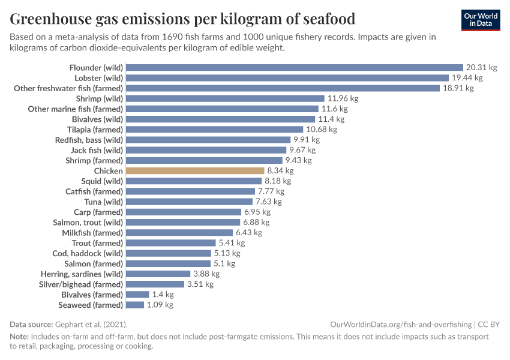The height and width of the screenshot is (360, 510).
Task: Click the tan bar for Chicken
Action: point(195,171)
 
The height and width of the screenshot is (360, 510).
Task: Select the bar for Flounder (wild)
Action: point(294,68)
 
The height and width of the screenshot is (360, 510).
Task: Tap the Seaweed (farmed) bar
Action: point(135,305)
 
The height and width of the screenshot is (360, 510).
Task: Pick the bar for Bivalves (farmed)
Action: point(137,295)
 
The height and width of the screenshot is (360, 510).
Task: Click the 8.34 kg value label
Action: point(280,171)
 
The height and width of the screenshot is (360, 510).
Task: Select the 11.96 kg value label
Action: point(343,98)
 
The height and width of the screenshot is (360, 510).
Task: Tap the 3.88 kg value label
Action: point(206,274)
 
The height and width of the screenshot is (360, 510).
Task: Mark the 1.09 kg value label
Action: point(160,305)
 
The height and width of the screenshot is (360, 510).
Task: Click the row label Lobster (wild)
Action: point(98,78)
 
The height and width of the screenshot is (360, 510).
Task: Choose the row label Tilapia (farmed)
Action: point(95,130)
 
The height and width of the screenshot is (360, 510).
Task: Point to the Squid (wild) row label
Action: point(102,181)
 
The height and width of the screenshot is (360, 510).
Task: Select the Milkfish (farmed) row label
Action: point(92,233)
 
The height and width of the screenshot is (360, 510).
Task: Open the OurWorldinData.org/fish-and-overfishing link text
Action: point(401,324)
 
